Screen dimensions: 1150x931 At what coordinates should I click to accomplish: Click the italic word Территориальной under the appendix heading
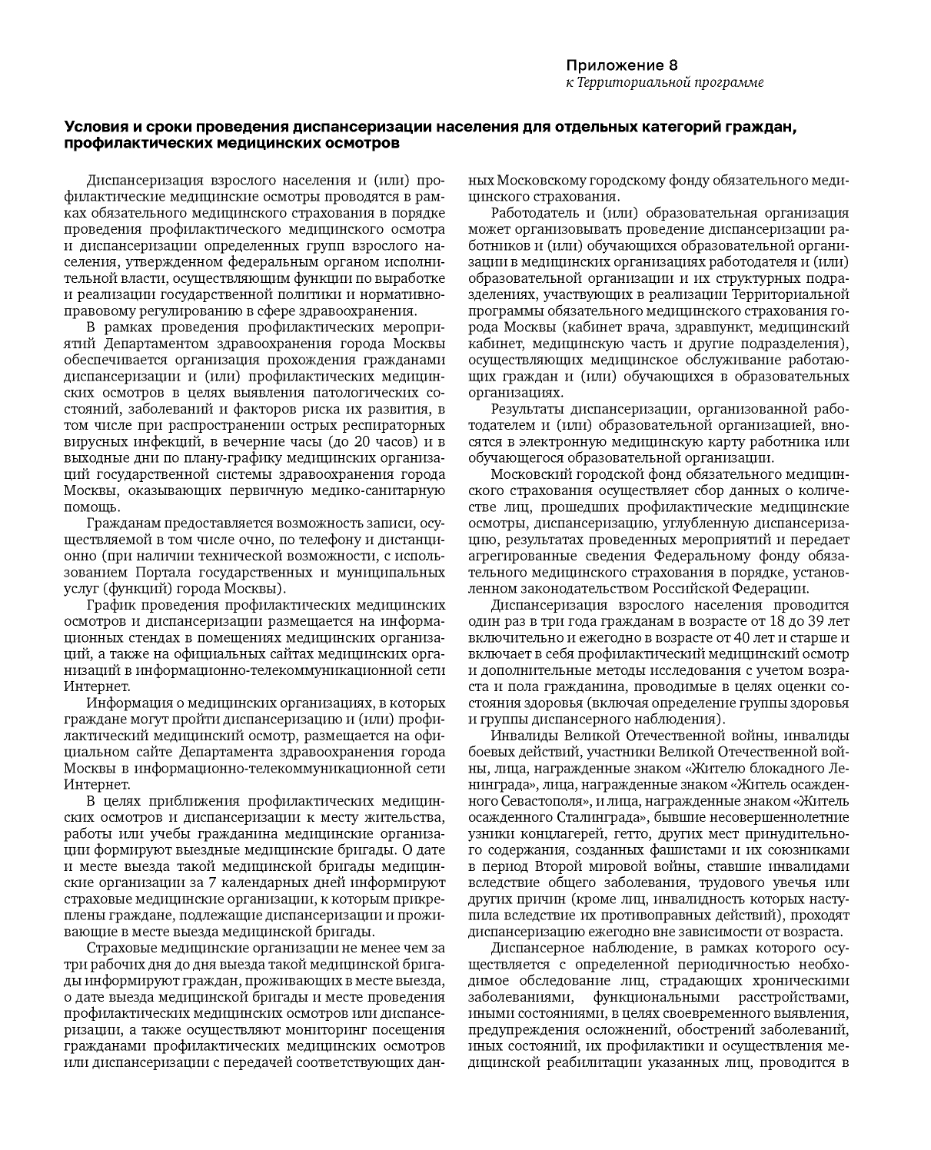tap(643, 82)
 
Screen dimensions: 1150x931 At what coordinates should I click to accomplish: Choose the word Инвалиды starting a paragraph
tap(524, 735)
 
